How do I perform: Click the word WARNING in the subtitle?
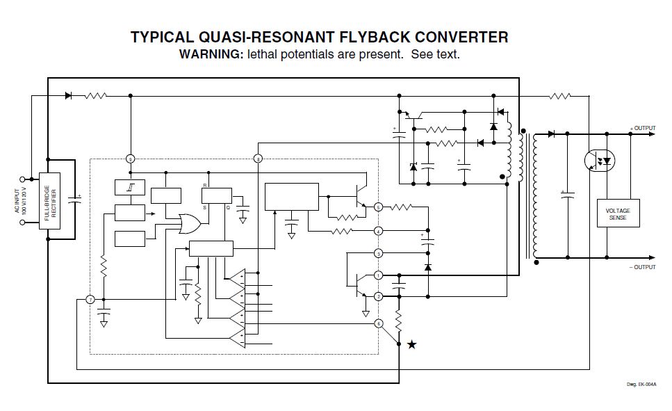coord(211,54)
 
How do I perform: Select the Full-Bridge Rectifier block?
coord(50,206)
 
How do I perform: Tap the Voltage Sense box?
coord(617,213)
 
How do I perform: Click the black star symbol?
coord(412,344)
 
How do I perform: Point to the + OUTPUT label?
coord(642,128)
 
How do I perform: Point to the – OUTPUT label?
coord(642,267)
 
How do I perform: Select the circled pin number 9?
coord(130,159)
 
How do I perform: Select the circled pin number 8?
coord(259,159)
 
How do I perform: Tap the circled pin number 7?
coord(90,300)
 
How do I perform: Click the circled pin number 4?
coord(378,231)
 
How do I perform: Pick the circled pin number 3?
coord(378,253)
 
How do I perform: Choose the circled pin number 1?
coord(378,275)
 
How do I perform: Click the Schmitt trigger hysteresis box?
coord(130,188)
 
